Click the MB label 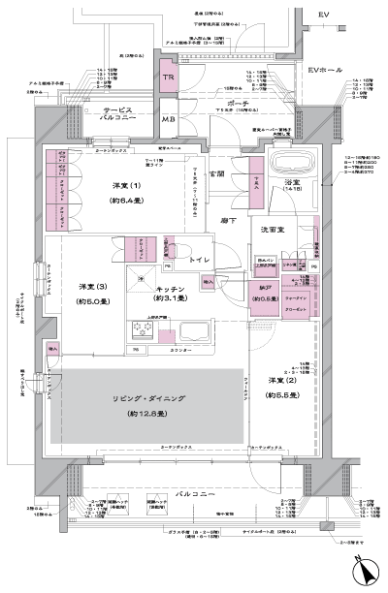click(x=169, y=119)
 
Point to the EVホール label click(x=325, y=72)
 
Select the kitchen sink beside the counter click(x=183, y=332)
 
